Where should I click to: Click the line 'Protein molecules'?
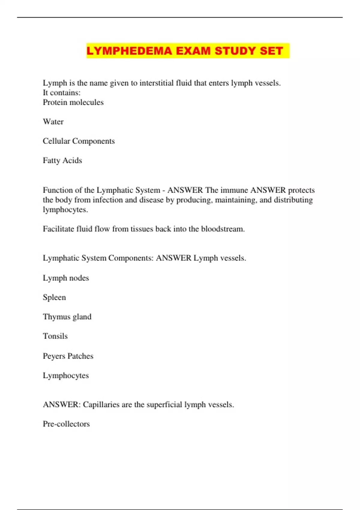click(73, 102)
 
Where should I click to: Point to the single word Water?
click(53, 122)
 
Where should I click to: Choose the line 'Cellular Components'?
click(79, 141)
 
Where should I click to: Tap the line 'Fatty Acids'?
click(62, 160)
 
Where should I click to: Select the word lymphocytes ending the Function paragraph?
click(65, 210)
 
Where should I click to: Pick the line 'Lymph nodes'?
click(66, 278)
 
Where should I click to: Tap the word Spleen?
click(54, 298)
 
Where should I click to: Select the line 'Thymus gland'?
click(67, 317)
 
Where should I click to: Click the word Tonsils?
click(55, 336)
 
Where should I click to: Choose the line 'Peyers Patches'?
click(68, 356)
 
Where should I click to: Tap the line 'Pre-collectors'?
click(66, 424)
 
